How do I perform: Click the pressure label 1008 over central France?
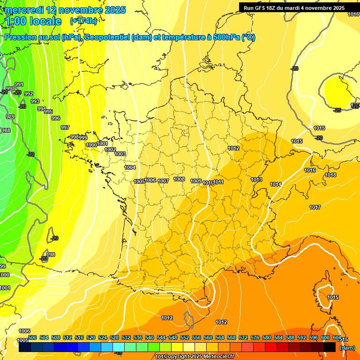pyautogui.click(x=179, y=179)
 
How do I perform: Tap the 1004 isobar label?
pyautogui.click(x=130, y=167)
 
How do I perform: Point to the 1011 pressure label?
pyautogui.click(x=218, y=182)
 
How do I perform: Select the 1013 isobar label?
pyautogui.click(x=256, y=180)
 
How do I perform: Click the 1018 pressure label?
pyautogui.click(x=331, y=175)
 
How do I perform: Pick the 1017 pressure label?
pyautogui.click(x=315, y=207)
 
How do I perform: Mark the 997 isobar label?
pyautogui.click(x=65, y=127)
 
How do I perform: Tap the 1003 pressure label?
pyautogui.click(x=120, y=154)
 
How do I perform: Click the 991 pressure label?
pyautogui.click(x=19, y=84)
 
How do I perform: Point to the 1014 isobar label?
pyautogui.click(x=276, y=184)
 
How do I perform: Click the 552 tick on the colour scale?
pyautogui.click(x=185, y=337)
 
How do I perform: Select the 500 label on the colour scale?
pyautogui.click(x=32, y=337)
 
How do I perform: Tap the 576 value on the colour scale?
pyautogui.click(x=255, y=337)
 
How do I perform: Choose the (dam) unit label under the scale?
pyautogui.click(x=347, y=348)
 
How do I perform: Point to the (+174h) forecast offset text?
pyautogui.click(x=83, y=21)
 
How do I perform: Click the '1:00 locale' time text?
pyautogui.click(x=33, y=21)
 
